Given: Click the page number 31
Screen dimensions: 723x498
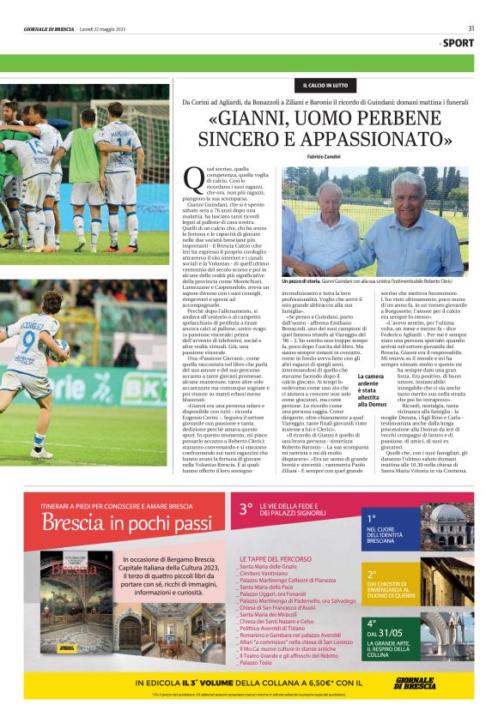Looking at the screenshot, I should [471, 27].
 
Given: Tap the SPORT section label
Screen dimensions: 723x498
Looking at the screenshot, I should [459, 43].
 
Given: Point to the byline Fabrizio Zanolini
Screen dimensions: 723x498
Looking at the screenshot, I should [325, 156].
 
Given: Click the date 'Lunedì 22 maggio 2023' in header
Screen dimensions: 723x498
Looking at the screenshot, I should [104, 27].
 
